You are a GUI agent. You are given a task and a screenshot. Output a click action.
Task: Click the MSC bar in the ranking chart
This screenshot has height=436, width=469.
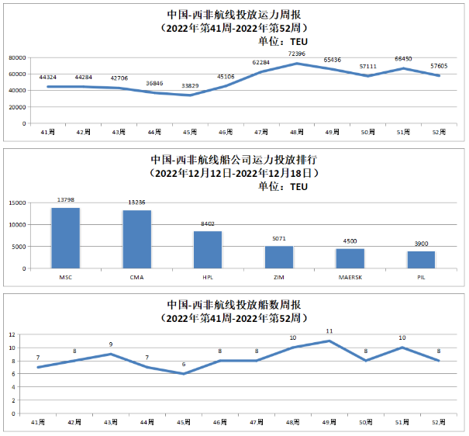click(66, 238)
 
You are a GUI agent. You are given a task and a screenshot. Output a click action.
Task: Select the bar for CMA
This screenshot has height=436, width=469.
click(137, 240)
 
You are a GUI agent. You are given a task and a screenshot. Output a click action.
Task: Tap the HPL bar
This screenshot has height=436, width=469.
click(208, 250)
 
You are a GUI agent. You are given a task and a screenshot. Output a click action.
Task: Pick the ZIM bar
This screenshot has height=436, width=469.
click(279, 257)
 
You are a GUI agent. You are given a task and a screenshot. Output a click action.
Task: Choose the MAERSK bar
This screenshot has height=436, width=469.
click(350, 258)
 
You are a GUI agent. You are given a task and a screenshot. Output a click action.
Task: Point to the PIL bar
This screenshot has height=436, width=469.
click(421, 260)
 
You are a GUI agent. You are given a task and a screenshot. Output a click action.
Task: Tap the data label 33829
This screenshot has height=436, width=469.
click(189, 85)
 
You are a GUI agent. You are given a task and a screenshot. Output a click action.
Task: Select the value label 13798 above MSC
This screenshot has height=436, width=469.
click(66, 200)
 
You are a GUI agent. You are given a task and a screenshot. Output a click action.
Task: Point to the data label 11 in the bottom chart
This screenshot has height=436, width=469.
click(329, 331)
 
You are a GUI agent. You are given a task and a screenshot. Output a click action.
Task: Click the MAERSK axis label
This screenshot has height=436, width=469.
click(350, 277)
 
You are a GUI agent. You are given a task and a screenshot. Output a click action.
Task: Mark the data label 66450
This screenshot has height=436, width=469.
click(404, 58)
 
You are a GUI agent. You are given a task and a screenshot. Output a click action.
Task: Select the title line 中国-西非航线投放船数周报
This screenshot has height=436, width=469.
click(234, 305)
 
